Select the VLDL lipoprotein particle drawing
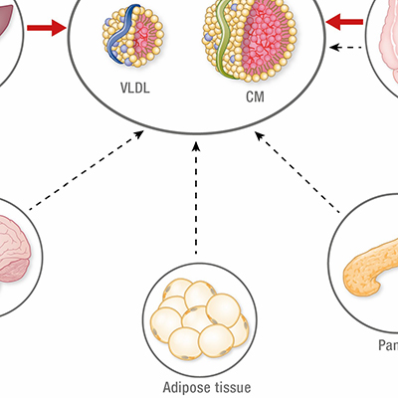click(131, 38)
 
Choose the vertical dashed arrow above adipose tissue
click(197, 189)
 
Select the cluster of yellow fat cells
click(196, 320)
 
